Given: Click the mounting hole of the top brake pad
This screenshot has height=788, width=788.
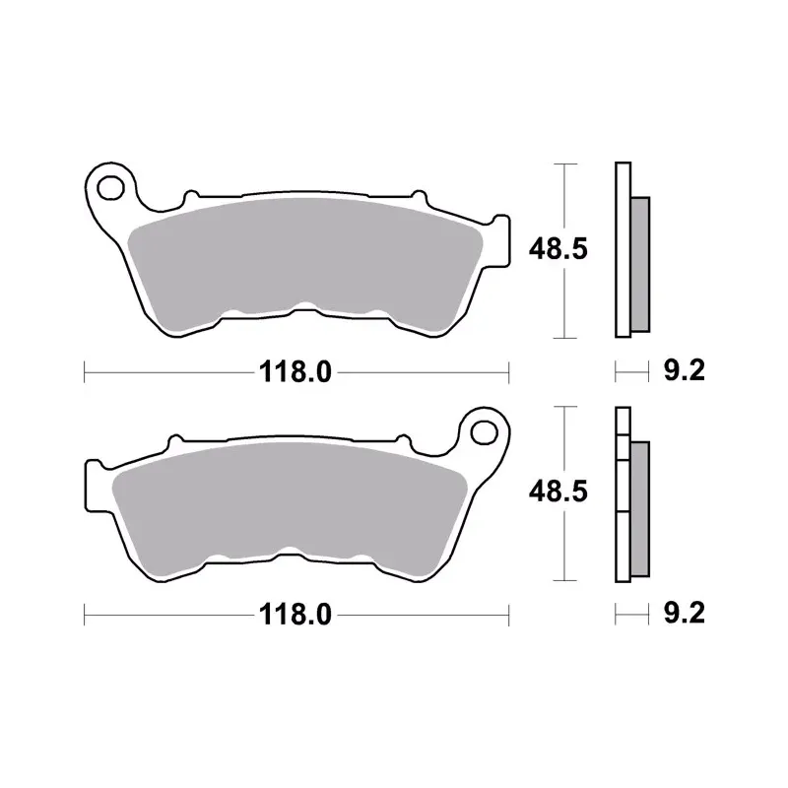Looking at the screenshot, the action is [x=110, y=188].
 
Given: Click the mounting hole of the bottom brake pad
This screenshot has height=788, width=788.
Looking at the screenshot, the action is [x=484, y=432].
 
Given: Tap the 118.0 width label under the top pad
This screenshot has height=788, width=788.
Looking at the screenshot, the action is [x=295, y=373].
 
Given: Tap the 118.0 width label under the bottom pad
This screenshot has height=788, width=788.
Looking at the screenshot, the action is [x=295, y=615].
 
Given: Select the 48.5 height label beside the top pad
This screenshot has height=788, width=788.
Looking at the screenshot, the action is [x=558, y=249].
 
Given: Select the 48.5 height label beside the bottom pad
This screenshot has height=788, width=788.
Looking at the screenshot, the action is [x=558, y=492].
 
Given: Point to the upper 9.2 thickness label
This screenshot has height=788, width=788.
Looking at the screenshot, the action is [x=684, y=371].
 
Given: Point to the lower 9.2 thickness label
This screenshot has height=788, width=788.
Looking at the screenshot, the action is [x=684, y=613].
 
